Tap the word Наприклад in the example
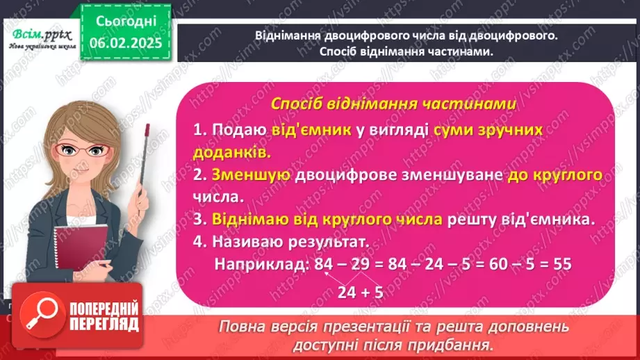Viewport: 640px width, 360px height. tap(261, 265)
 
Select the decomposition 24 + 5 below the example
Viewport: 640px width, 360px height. tap(361, 293)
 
